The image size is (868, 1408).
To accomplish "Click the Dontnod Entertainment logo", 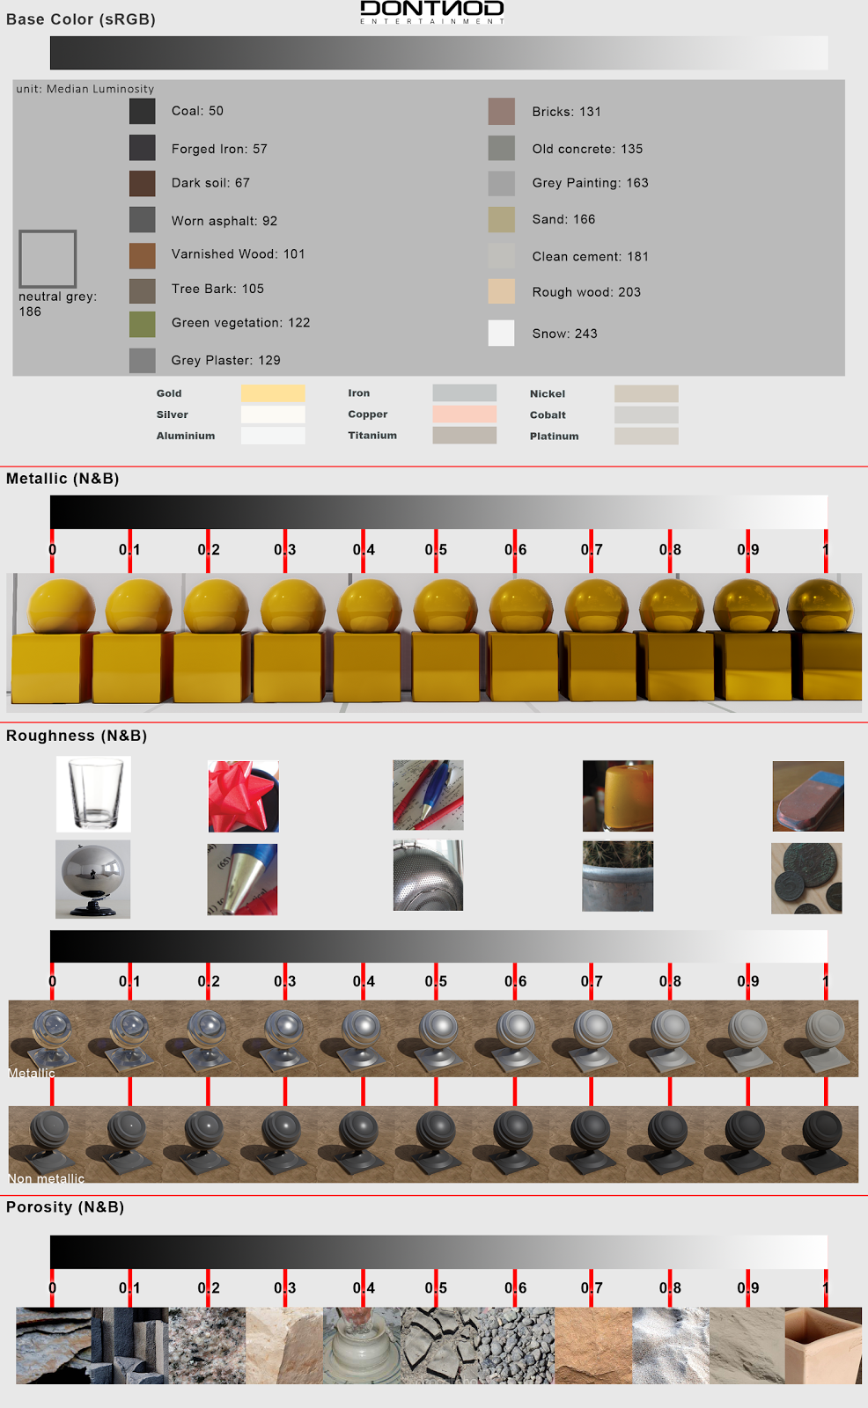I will click(x=432, y=11).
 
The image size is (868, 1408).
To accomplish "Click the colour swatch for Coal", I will click(x=142, y=111).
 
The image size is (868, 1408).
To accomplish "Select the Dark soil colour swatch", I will click(x=142, y=183).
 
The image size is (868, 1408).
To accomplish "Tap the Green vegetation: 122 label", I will click(x=240, y=323).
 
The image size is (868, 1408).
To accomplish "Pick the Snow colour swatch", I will click(x=501, y=333).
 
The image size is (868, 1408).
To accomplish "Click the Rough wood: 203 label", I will click(x=586, y=292).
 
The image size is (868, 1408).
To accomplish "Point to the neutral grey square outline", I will click(x=48, y=259).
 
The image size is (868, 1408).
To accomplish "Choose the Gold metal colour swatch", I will click(x=273, y=393).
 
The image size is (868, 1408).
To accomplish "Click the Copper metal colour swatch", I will click(x=464, y=414).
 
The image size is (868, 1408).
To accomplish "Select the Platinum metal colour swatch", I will click(x=646, y=436).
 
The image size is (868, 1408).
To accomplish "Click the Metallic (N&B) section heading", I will click(x=63, y=479).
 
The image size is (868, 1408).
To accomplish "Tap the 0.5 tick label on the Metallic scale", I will click(x=436, y=550).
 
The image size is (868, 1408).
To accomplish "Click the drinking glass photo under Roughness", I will click(x=94, y=794).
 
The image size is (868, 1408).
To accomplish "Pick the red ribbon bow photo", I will click(x=243, y=796).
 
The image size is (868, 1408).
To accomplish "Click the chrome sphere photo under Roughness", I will click(x=92, y=879).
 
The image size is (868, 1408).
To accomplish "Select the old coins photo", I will click(x=806, y=878).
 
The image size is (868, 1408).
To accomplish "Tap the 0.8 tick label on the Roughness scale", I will click(x=670, y=981).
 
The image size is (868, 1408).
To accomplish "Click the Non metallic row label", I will click(x=47, y=1178).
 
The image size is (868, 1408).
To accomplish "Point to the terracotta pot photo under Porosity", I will click(x=823, y=1346).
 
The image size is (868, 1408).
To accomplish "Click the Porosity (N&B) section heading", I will click(x=65, y=1207).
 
